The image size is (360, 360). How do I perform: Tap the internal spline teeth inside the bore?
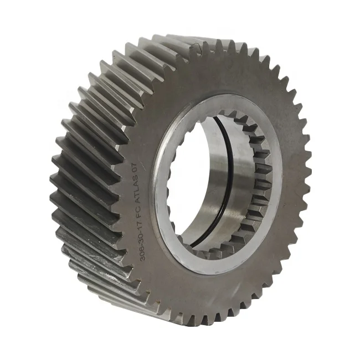[x=260, y=183]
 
